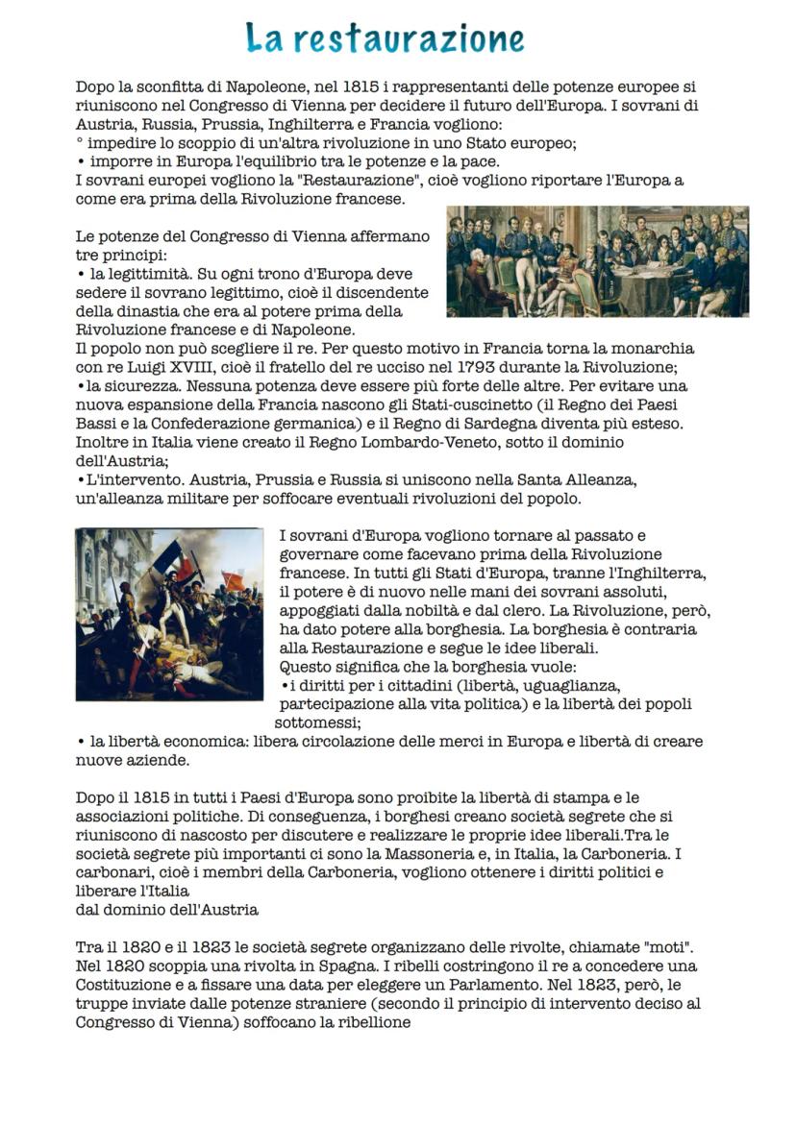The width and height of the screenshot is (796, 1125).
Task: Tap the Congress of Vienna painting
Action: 597,261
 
